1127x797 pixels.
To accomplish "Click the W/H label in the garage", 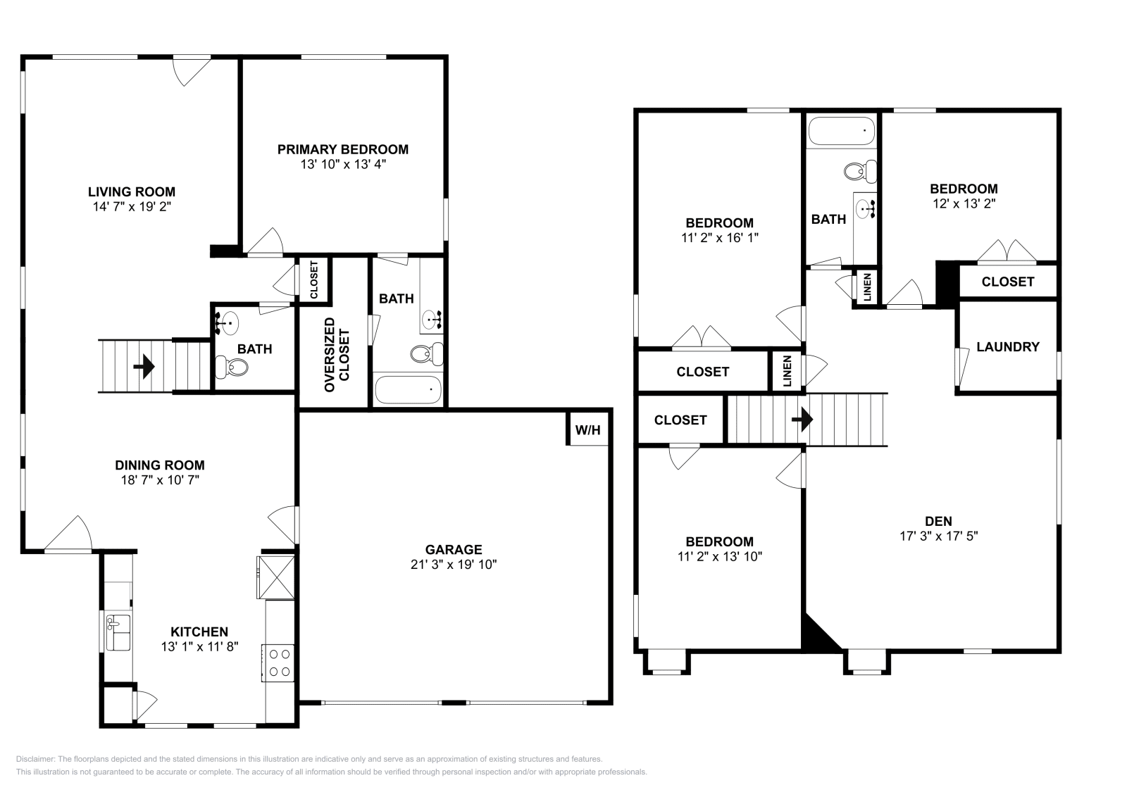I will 588,430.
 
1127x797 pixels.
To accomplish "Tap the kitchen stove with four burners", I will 278,663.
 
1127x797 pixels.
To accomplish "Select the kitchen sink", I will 117,632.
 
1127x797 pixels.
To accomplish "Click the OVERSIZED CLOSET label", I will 337,355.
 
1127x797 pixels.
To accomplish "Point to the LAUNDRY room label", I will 1008,346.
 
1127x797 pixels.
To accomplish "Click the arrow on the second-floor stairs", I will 802,420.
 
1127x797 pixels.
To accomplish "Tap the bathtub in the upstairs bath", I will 841,131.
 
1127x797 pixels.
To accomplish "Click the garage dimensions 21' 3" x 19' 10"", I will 454,565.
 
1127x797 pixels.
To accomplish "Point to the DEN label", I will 938,521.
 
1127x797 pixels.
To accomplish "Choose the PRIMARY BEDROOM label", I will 342,149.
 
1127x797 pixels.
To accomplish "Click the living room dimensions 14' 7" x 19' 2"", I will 132,206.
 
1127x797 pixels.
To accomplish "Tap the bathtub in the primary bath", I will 408,389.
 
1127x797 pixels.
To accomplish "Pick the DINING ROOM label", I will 160,465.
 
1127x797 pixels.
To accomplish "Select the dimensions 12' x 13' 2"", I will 964,203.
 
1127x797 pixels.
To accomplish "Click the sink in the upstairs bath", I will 866,208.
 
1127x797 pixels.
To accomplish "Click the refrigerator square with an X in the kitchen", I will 275,577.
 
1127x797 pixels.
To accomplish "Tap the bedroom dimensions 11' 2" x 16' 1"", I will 720,238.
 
